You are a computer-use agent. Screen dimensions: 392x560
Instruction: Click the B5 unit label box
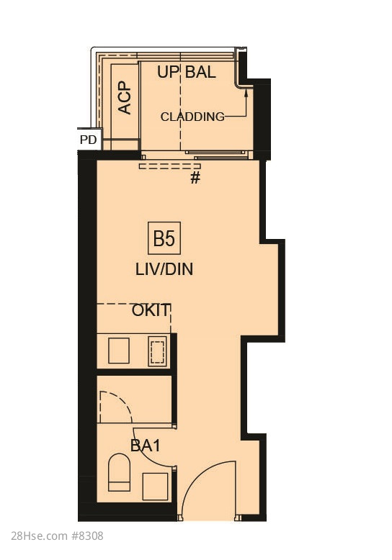tap(164, 238)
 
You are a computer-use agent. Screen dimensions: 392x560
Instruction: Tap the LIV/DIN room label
tap(164, 269)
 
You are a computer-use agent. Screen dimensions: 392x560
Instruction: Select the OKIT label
tap(150, 310)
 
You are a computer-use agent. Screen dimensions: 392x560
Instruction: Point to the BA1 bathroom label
tap(146, 446)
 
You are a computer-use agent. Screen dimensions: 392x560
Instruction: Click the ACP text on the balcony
tap(125, 98)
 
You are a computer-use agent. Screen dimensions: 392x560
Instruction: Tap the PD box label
tap(88, 140)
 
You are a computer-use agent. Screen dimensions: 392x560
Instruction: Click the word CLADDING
tap(192, 117)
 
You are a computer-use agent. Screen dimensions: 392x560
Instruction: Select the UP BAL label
tap(187, 72)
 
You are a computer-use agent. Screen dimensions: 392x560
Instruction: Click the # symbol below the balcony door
tap(195, 178)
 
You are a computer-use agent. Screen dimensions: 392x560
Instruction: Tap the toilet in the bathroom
tap(119, 472)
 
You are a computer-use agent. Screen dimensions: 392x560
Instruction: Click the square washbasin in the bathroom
tap(155, 486)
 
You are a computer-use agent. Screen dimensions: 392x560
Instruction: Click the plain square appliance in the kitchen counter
tap(119, 351)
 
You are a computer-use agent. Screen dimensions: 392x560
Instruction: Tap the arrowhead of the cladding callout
tap(246, 93)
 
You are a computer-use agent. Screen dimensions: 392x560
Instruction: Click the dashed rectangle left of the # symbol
tap(169, 166)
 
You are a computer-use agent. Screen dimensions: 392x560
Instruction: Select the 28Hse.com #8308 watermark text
tap(57, 536)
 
